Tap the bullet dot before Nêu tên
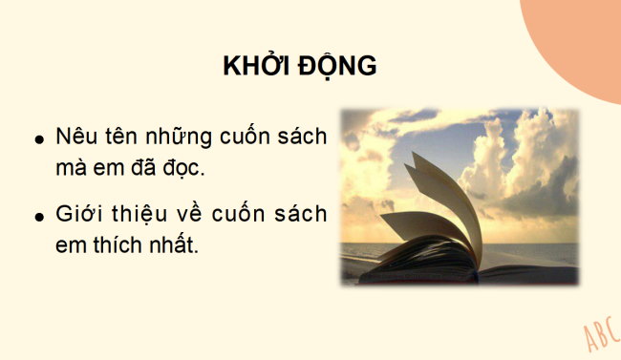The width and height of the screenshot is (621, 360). (x=39, y=139)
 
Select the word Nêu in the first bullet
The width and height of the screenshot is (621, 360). (x=75, y=136)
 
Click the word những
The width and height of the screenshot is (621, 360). (x=176, y=137)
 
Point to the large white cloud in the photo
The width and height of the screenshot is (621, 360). (x=521, y=158)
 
